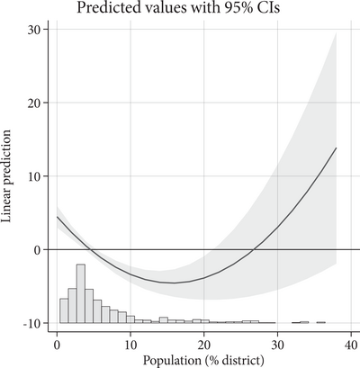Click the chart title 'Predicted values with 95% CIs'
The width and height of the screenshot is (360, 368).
point(189,8)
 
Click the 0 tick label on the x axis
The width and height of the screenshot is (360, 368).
point(57,343)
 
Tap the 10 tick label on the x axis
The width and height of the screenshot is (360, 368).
point(130,343)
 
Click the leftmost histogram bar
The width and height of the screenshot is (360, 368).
point(63,310)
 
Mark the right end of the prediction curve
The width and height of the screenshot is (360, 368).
point(336,148)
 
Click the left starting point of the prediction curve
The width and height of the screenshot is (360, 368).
point(58,217)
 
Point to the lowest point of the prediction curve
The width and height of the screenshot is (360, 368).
point(173,283)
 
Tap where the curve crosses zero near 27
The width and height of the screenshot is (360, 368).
point(256,249)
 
